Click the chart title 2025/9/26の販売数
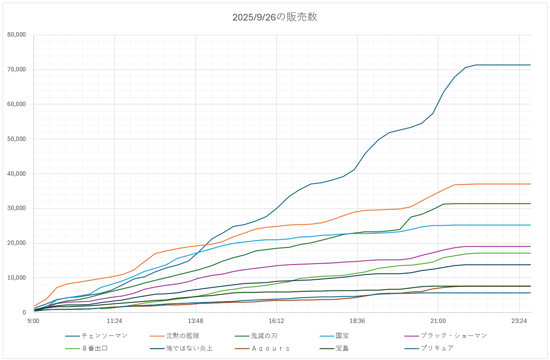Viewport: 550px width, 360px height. point(275,17)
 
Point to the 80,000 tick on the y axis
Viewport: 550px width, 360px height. point(17,35)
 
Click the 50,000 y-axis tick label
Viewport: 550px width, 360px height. point(17,139)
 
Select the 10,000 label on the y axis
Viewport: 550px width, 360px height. point(17,278)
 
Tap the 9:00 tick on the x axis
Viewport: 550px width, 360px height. point(33,321)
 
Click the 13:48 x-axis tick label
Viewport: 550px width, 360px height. point(196,321)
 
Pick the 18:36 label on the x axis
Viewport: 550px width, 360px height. point(357,321)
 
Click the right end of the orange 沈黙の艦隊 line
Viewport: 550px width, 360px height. point(530,184)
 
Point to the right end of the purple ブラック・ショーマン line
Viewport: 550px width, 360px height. point(530,246)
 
